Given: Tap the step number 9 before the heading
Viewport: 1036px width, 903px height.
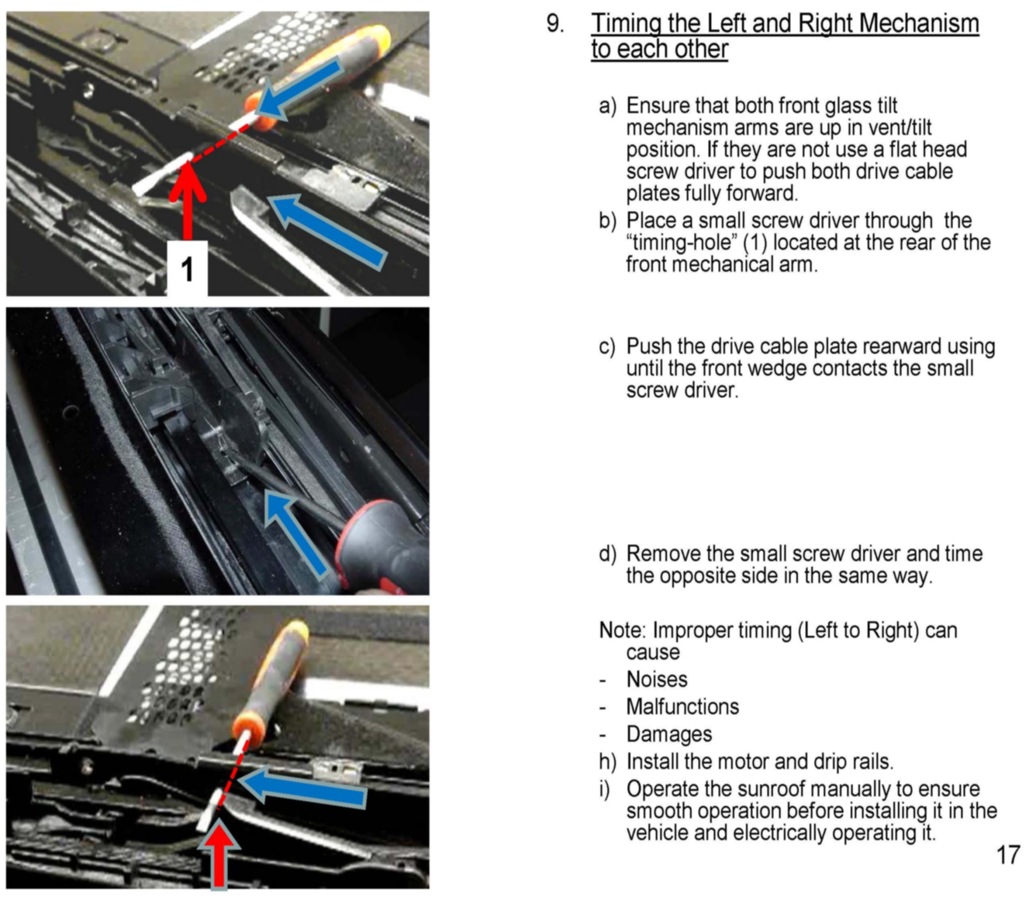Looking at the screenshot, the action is (555, 24).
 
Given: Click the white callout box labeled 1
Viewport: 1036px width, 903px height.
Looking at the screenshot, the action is (187, 268).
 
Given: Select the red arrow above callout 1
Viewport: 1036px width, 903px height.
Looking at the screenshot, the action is (187, 201).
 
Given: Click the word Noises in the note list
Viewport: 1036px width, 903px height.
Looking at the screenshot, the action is (657, 679).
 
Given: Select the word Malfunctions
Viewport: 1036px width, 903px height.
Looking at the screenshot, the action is (683, 707).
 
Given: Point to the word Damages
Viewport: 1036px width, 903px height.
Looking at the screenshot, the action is (669, 734).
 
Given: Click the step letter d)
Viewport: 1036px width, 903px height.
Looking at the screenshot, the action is (608, 554).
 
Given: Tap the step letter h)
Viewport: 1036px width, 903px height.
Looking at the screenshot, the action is (608, 761).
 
